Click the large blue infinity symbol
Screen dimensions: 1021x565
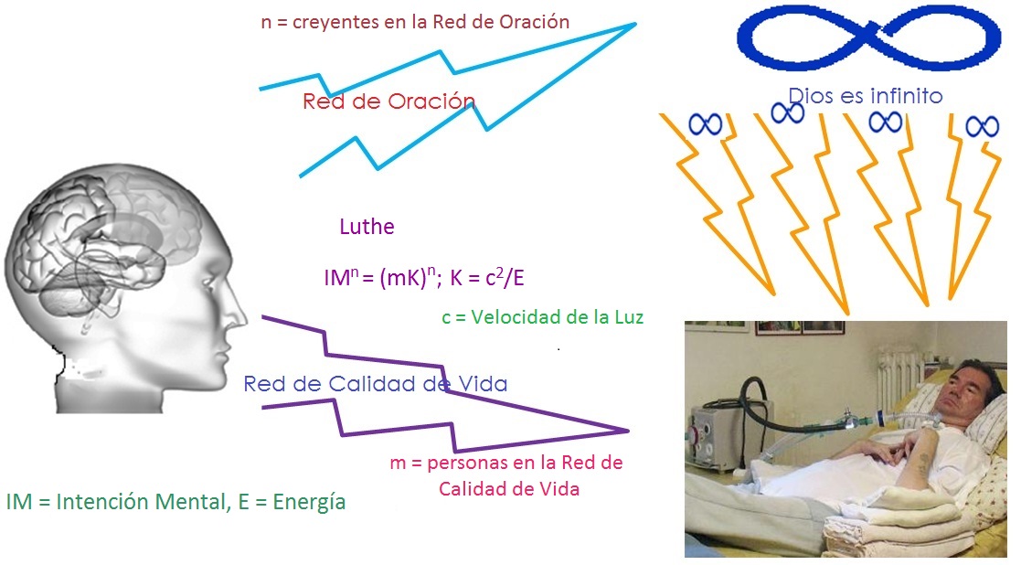click(x=868, y=39)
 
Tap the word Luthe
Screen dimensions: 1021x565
click(x=367, y=227)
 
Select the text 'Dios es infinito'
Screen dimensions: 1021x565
click(x=866, y=96)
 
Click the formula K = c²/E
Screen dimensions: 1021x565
click(x=487, y=278)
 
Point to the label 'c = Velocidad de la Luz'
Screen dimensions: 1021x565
click(x=542, y=317)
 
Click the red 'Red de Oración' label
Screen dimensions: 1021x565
click(x=388, y=101)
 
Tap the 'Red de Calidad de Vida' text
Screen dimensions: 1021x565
click(x=376, y=384)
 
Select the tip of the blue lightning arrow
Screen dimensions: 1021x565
click(x=635, y=24)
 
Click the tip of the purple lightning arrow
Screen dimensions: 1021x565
click(x=629, y=431)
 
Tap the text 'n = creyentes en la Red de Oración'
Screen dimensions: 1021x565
click(x=415, y=22)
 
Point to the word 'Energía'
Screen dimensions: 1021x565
click(x=309, y=503)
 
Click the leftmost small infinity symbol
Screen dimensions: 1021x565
click(x=705, y=123)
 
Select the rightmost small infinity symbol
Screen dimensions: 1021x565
click(x=982, y=126)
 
